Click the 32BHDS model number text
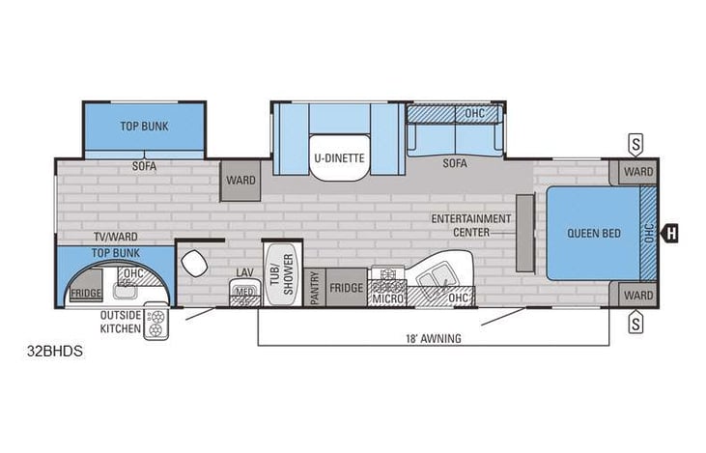[55, 351]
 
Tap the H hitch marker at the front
[669, 232]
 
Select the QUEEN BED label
[585, 232]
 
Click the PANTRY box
[316, 288]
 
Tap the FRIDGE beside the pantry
[346, 288]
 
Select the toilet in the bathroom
[196, 262]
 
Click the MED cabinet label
[244, 293]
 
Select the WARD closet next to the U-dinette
[240, 181]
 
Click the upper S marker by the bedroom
[635, 142]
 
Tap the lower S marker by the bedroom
[635, 323]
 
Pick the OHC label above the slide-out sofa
[475, 114]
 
